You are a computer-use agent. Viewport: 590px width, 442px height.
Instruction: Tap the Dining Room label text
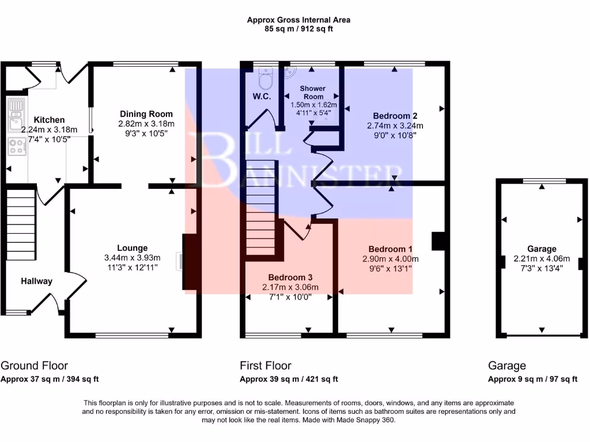pos(146,114)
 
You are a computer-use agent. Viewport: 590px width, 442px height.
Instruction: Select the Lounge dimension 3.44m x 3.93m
pos(132,257)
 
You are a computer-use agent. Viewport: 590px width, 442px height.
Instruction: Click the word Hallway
pos(37,281)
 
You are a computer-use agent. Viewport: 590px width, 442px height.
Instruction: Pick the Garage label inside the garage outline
pos(542,249)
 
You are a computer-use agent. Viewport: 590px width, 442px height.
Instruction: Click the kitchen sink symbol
pos(14,115)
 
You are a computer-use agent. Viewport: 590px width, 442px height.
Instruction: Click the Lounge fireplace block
pos(191,262)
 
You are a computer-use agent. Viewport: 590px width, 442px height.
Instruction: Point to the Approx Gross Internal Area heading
pos(298,20)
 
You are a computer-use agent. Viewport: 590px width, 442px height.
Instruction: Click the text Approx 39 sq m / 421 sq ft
pos(289,379)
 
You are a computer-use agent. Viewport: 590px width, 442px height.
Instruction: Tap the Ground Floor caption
pos(35,365)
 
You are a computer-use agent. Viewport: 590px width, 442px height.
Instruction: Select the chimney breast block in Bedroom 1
pos(439,241)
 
